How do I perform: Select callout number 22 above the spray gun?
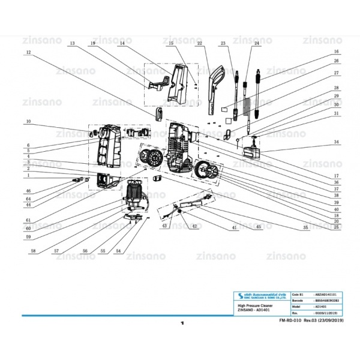click(x=199, y=44)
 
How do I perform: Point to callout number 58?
click(x=34, y=250)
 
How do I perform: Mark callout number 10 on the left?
click(x=28, y=122)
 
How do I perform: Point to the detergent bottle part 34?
click(x=254, y=146)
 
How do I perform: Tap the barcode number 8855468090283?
click(x=329, y=300)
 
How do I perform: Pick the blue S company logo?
click(x=239, y=295)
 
